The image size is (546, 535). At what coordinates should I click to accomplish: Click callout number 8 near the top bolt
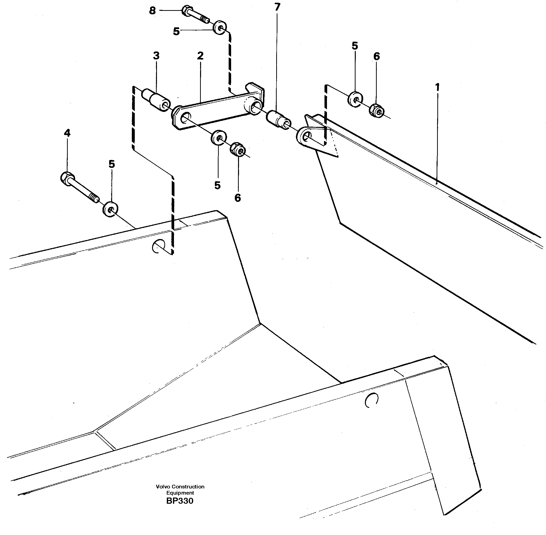click(x=152, y=11)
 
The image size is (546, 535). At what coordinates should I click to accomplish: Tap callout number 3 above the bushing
click(x=156, y=56)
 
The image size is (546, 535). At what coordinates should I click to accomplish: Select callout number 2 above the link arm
click(x=200, y=56)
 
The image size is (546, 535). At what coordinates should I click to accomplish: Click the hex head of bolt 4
click(x=67, y=178)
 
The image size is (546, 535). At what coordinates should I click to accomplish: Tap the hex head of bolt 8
click(x=187, y=11)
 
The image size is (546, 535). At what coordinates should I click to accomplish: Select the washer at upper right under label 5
click(x=355, y=99)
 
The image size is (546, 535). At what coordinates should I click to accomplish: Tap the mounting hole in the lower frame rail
click(x=372, y=400)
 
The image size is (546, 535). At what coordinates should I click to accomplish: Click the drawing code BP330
click(x=180, y=501)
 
